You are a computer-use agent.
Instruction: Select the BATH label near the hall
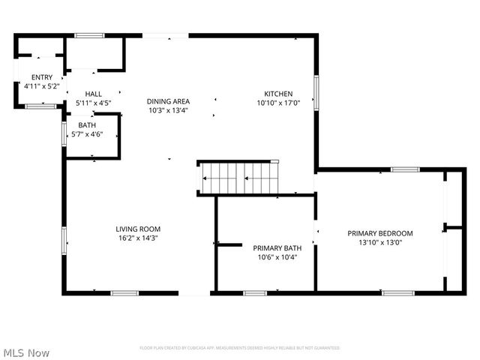[x=86, y=126]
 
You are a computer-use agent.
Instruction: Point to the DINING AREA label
[x=168, y=101]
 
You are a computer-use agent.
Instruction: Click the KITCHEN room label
[x=278, y=94]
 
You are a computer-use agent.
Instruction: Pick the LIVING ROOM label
[x=138, y=229]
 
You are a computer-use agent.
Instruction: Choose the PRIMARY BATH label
[x=277, y=248]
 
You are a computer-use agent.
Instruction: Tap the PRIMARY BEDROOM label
[x=379, y=233]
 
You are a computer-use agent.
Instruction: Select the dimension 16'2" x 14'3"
[x=138, y=238]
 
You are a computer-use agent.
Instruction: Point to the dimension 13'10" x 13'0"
[x=379, y=242]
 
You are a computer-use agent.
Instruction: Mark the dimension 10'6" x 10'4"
[x=277, y=257]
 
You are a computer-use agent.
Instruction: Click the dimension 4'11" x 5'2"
[x=41, y=86]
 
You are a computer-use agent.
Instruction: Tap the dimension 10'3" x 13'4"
[x=168, y=110]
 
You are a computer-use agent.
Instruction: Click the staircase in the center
[x=238, y=178]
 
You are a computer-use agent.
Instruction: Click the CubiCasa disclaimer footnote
[x=240, y=348]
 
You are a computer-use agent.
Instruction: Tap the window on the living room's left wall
[x=64, y=239]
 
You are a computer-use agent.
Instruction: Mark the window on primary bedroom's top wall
[x=404, y=169]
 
